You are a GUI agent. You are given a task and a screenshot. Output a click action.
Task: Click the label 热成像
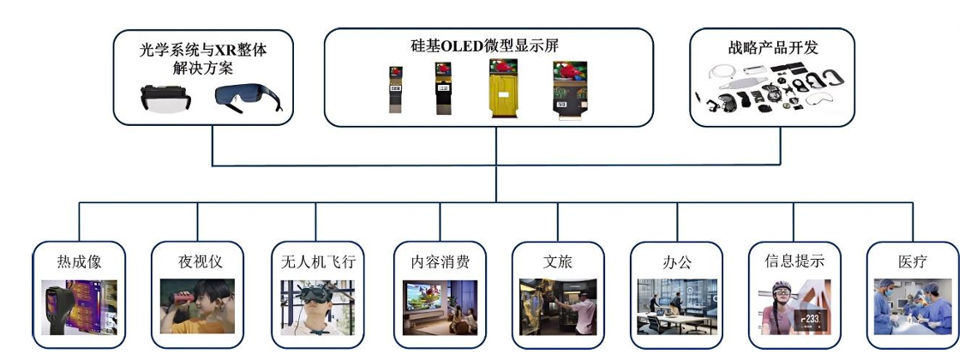pyautogui.click(x=79, y=261)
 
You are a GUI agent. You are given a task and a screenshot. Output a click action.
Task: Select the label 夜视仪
pyautogui.click(x=197, y=261)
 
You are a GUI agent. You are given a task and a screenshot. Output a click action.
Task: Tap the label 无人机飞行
pyautogui.click(x=317, y=261)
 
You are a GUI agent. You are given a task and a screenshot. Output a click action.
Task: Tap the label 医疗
pyautogui.click(x=911, y=261)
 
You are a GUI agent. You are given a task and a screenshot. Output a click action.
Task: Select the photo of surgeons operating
pyautogui.click(x=911, y=306)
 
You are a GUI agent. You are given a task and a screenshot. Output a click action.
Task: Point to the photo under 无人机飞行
pyautogui.click(x=317, y=306)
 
